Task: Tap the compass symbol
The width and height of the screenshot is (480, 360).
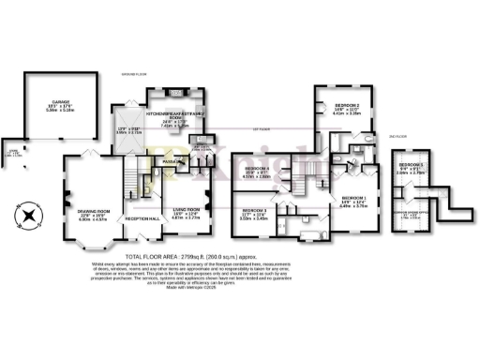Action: [30, 215]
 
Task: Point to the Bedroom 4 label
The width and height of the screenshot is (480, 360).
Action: [258, 170]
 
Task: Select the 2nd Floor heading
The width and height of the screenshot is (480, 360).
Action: [397, 134]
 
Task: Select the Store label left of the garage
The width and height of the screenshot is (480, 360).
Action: [12, 152]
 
